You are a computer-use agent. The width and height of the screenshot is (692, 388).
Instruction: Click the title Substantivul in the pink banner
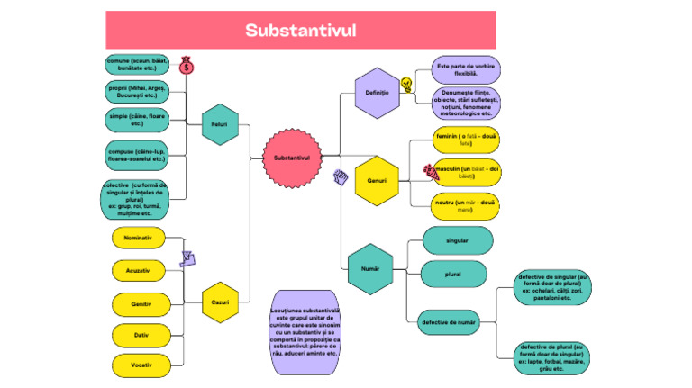tap(301, 31)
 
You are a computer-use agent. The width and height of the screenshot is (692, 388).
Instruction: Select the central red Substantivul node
tap(292, 158)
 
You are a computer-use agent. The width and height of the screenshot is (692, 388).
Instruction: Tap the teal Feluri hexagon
tap(219, 124)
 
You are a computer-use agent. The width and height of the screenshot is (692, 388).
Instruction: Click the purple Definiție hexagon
tap(377, 93)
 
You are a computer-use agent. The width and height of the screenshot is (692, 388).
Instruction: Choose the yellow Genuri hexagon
tap(377, 180)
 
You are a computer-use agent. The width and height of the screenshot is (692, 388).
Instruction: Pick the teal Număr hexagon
tap(369, 269)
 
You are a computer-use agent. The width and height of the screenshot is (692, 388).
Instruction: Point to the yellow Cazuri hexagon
tap(220, 302)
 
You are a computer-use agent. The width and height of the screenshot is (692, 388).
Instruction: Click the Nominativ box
tap(138, 238)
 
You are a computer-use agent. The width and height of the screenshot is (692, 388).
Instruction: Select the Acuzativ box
tap(138, 270)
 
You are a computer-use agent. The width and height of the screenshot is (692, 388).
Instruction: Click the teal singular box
tap(457, 240)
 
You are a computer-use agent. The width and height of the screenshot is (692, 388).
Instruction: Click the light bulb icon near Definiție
tap(406, 85)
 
